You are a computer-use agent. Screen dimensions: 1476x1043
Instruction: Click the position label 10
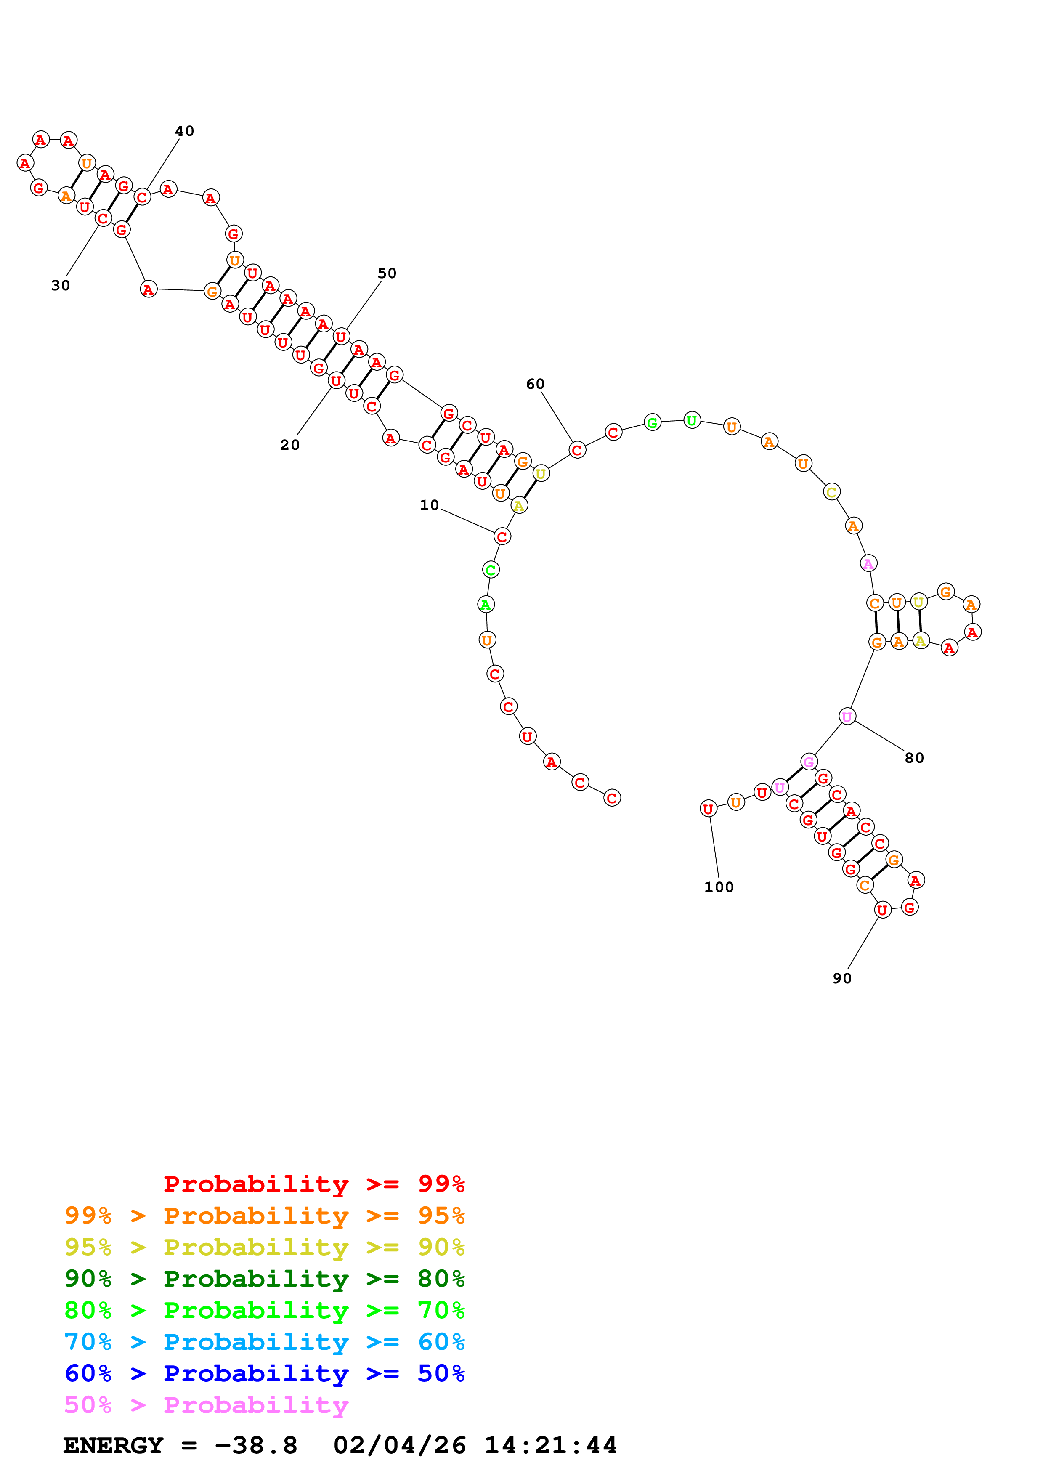(x=429, y=505)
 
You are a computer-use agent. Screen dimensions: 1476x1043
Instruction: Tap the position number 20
(x=290, y=445)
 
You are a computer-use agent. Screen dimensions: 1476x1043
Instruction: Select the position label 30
(x=61, y=285)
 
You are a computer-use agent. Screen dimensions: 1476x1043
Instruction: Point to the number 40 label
(x=184, y=131)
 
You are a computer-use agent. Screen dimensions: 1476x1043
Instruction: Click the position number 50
(x=387, y=273)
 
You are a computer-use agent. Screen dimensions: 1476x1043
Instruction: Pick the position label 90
(x=842, y=978)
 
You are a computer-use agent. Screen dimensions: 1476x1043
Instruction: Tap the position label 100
(x=719, y=887)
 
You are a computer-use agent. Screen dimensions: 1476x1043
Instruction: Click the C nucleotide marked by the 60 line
(x=577, y=450)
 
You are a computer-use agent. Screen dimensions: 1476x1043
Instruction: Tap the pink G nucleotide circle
(x=809, y=762)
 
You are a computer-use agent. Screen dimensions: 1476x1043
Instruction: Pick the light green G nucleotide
(x=652, y=422)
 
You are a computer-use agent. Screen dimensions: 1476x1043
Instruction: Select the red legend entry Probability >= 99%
(x=313, y=1184)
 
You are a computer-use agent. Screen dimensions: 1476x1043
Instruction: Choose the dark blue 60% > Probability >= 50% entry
(x=264, y=1373)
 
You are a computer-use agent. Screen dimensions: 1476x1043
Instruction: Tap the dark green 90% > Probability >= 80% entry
(x=264, y=1279)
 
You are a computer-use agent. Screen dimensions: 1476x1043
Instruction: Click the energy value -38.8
(x=256, y=1445)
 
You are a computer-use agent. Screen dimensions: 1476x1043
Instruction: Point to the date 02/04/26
(x=400, y=1445)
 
